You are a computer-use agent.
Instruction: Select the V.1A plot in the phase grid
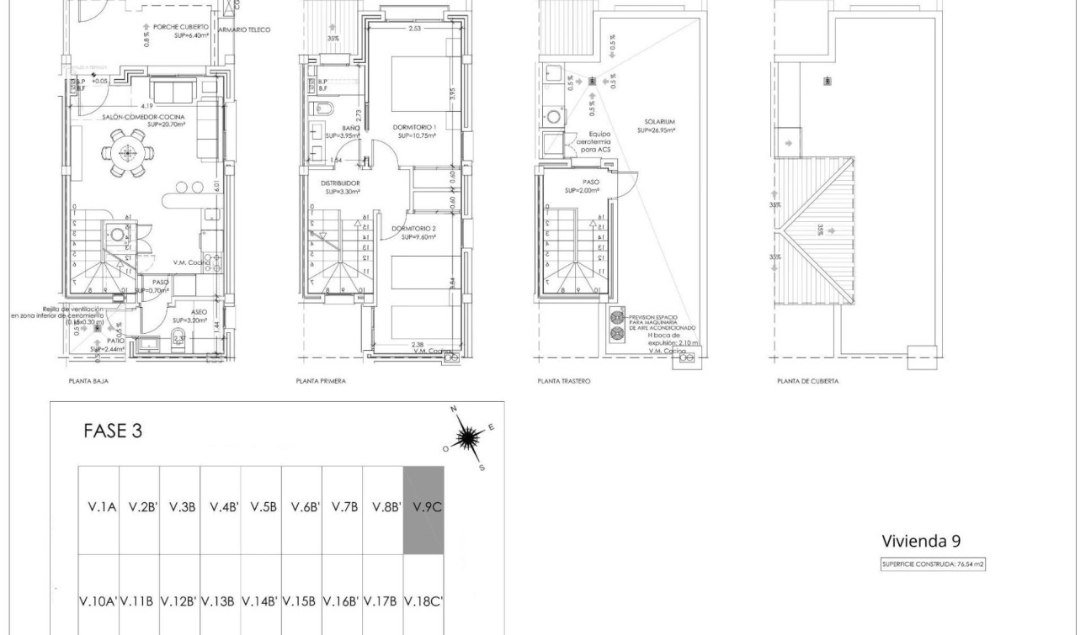pos(98,507)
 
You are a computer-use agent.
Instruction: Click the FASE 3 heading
pos(113,431)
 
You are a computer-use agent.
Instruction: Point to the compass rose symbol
pos(469,437)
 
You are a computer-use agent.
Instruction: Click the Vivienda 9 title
pos(920,540)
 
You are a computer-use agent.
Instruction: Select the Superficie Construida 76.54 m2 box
pos(932,564)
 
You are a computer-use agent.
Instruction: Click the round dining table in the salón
pos(128,153)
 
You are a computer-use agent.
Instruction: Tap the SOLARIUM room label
pos(660,122)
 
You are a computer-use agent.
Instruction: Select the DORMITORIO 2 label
pos(414,229)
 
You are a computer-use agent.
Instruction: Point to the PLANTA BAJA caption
pos(88,381)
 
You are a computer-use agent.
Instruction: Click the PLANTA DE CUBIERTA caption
pos(807,381)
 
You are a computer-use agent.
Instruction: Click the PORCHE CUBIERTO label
pos(179,27)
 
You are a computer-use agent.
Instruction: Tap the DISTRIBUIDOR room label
pos(340,183)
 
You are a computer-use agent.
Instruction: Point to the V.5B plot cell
pos(261,507)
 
